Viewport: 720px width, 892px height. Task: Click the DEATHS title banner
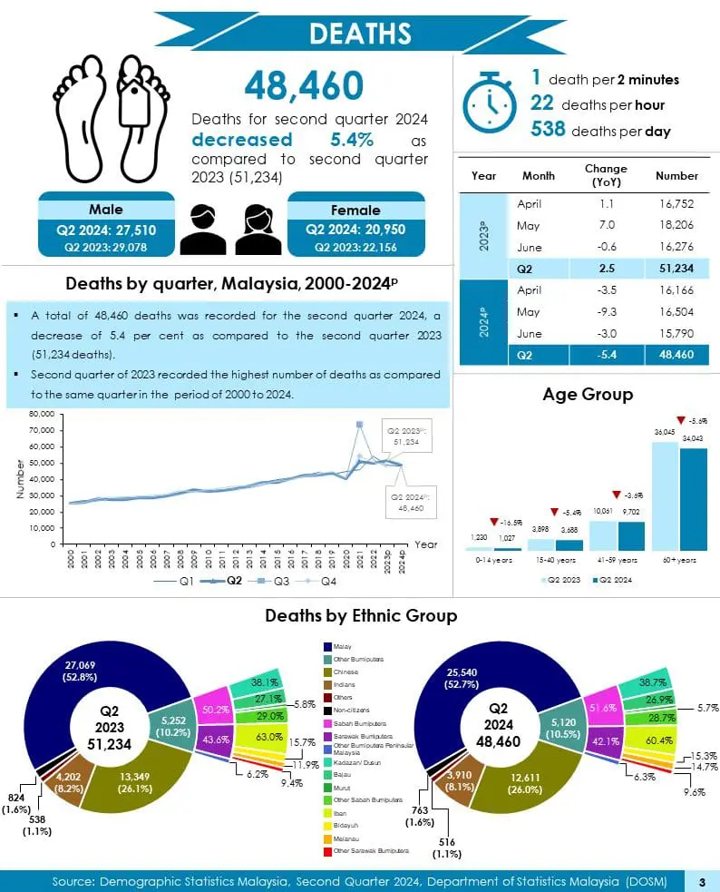[x=360, y=33]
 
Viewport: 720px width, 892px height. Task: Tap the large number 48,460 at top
[x=303, y=86]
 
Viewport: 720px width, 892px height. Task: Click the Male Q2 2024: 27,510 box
[x=106, y=229]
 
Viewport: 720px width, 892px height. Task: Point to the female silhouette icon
[x=258, y=229]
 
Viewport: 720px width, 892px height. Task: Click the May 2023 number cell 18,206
[x=676, y=226]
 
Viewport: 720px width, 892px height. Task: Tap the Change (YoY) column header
[x=606, y=175]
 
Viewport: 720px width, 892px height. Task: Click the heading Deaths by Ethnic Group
[x=360, y=615]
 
